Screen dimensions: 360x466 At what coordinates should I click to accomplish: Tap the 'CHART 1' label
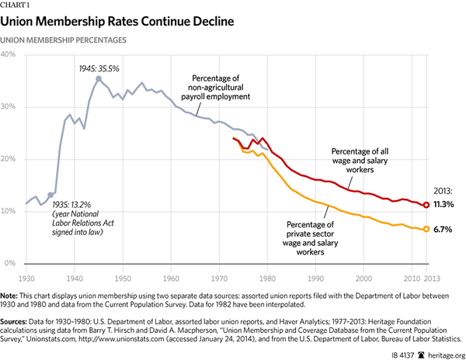(x=21, y=5)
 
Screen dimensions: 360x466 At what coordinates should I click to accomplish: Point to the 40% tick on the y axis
(x=13, y=54)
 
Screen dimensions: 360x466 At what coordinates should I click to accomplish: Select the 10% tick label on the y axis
(x=13, y=211)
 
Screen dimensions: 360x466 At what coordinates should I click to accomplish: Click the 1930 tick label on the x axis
(x=26, y=277)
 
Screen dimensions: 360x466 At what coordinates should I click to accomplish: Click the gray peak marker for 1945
(x=98, y=78)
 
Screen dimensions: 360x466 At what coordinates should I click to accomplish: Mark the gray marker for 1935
(x=50, y=195)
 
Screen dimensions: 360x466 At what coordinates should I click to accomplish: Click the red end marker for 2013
(x=426, y=205)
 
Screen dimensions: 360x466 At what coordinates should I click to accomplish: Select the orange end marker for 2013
(x=426, y=229)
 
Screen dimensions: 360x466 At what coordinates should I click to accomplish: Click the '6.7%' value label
(x=443, y=230)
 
